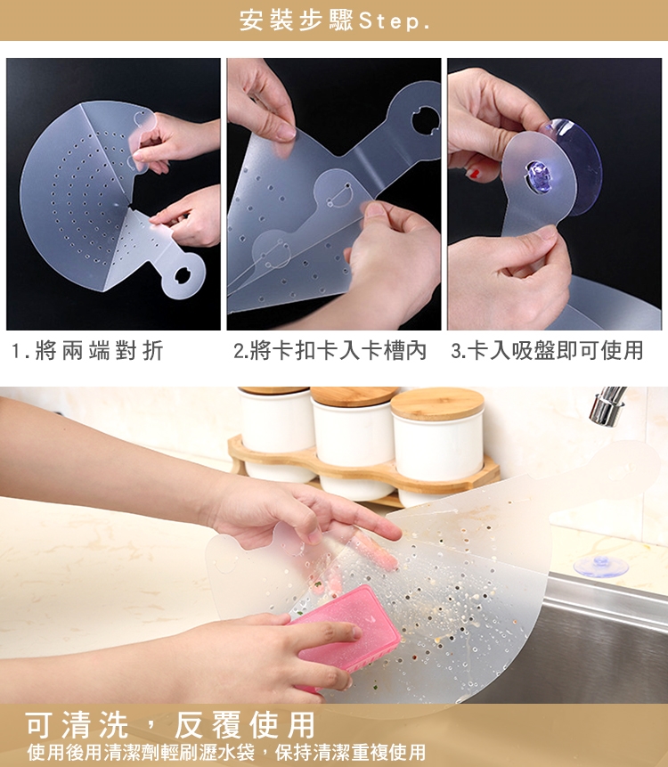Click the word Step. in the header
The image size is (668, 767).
(395, 21)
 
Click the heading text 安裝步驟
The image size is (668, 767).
(297, 20)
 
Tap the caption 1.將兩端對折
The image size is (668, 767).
(87, 351)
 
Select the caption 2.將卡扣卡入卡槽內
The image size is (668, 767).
(330, 351)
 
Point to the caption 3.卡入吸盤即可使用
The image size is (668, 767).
(547, 351)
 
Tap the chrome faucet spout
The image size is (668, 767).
(607, 405)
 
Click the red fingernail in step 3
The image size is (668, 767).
(473, 173)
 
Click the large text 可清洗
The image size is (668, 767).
(77, 724)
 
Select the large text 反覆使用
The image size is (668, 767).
(245, 724)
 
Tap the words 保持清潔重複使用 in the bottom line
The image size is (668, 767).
(350, 752)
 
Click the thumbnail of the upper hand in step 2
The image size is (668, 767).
(285, 132)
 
